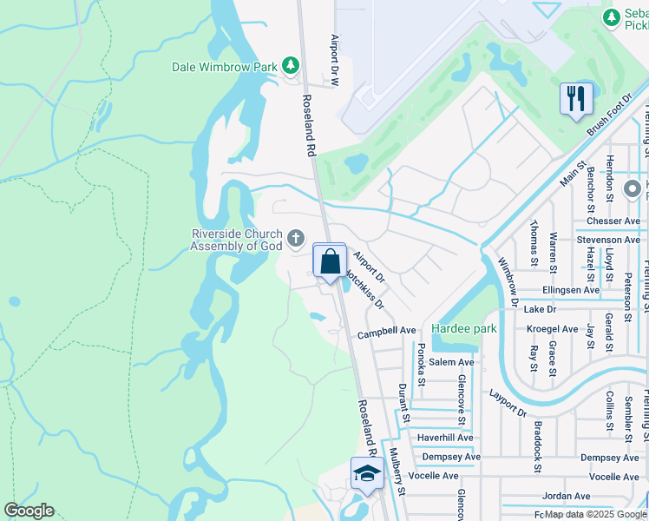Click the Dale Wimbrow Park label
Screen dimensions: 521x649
click(224, 66)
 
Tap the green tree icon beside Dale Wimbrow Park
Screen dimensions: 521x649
click(291, 65)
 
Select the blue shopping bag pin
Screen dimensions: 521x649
click(330, 260)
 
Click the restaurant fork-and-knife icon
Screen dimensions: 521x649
click(574, 98)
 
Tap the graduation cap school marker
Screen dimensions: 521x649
click(367, 474)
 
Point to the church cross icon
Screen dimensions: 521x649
click(296, 238)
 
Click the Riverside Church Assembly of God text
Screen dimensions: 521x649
click(237, 240)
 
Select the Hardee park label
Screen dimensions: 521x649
click(463, 329)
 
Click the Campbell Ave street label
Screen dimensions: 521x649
click(387, 331)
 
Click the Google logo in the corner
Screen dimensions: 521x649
click(29, 511)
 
